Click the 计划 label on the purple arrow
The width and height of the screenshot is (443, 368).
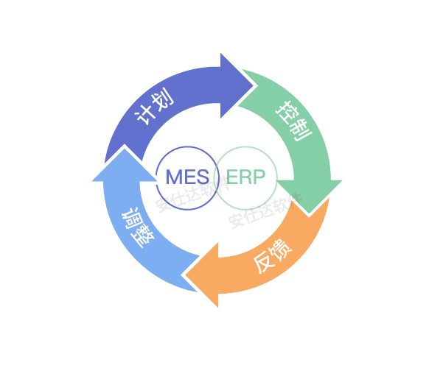155,107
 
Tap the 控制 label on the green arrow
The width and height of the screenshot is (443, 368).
293,120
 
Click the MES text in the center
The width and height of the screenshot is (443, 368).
187,177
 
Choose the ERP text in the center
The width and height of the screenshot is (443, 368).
245,177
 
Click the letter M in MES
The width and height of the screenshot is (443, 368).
175,177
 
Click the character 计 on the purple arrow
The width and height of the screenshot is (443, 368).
145,116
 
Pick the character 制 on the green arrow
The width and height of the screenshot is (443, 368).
301,130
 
